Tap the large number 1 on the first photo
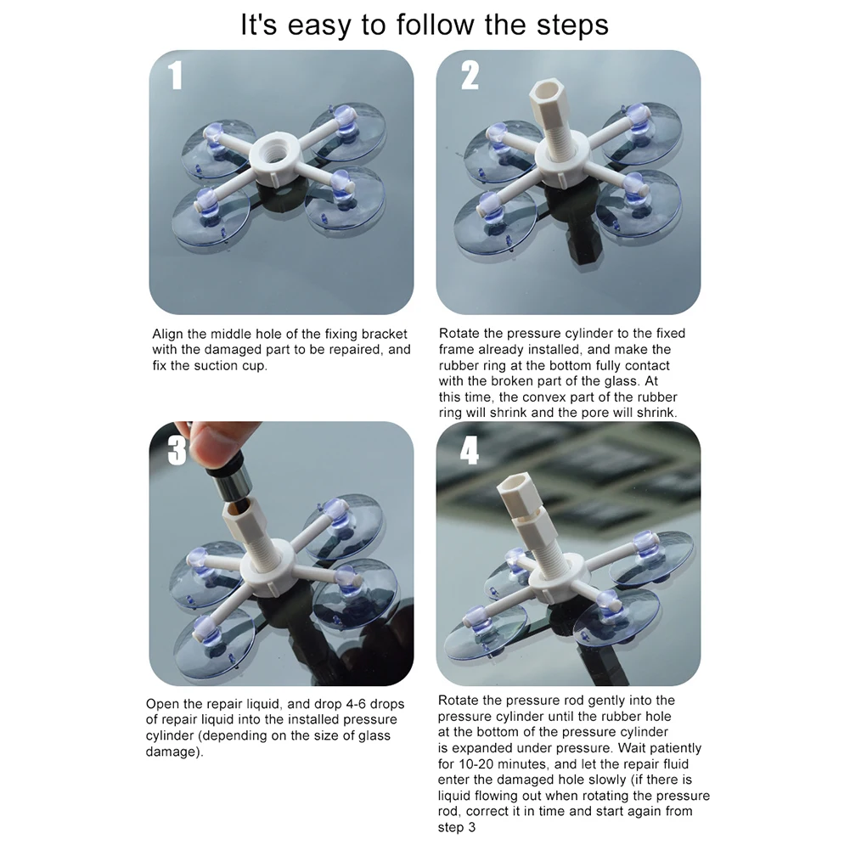(175, 75)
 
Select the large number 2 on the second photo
(470, 75)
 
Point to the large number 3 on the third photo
(177, 450)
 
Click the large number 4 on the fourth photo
(470, 450)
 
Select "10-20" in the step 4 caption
(476, 764)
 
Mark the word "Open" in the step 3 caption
(161, 705)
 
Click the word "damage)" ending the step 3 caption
(175, 752)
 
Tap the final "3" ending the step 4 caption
(471, 828)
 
